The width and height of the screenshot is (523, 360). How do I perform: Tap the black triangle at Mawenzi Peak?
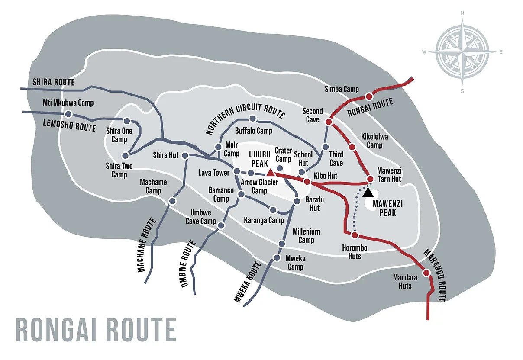368,191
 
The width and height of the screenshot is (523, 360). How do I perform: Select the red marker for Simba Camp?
369,96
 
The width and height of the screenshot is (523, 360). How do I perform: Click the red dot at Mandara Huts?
426,273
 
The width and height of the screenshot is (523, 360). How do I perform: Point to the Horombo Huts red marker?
355,235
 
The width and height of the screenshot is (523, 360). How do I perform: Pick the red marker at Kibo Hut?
307,182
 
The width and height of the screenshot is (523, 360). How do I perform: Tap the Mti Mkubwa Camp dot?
68,114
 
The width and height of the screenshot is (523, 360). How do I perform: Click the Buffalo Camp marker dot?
253,119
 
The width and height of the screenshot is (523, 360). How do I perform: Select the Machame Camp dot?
172,201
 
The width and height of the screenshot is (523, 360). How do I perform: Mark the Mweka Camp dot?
277,258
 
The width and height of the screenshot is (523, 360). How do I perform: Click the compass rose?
462,51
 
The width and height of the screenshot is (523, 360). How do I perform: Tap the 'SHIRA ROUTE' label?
54,82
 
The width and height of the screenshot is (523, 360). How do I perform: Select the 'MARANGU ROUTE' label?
434,276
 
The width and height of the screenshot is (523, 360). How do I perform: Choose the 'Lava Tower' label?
214,173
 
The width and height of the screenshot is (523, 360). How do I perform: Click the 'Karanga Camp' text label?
264,220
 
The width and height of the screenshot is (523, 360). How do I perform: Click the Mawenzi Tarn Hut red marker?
370,179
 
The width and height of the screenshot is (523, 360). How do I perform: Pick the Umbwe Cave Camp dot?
221,226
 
